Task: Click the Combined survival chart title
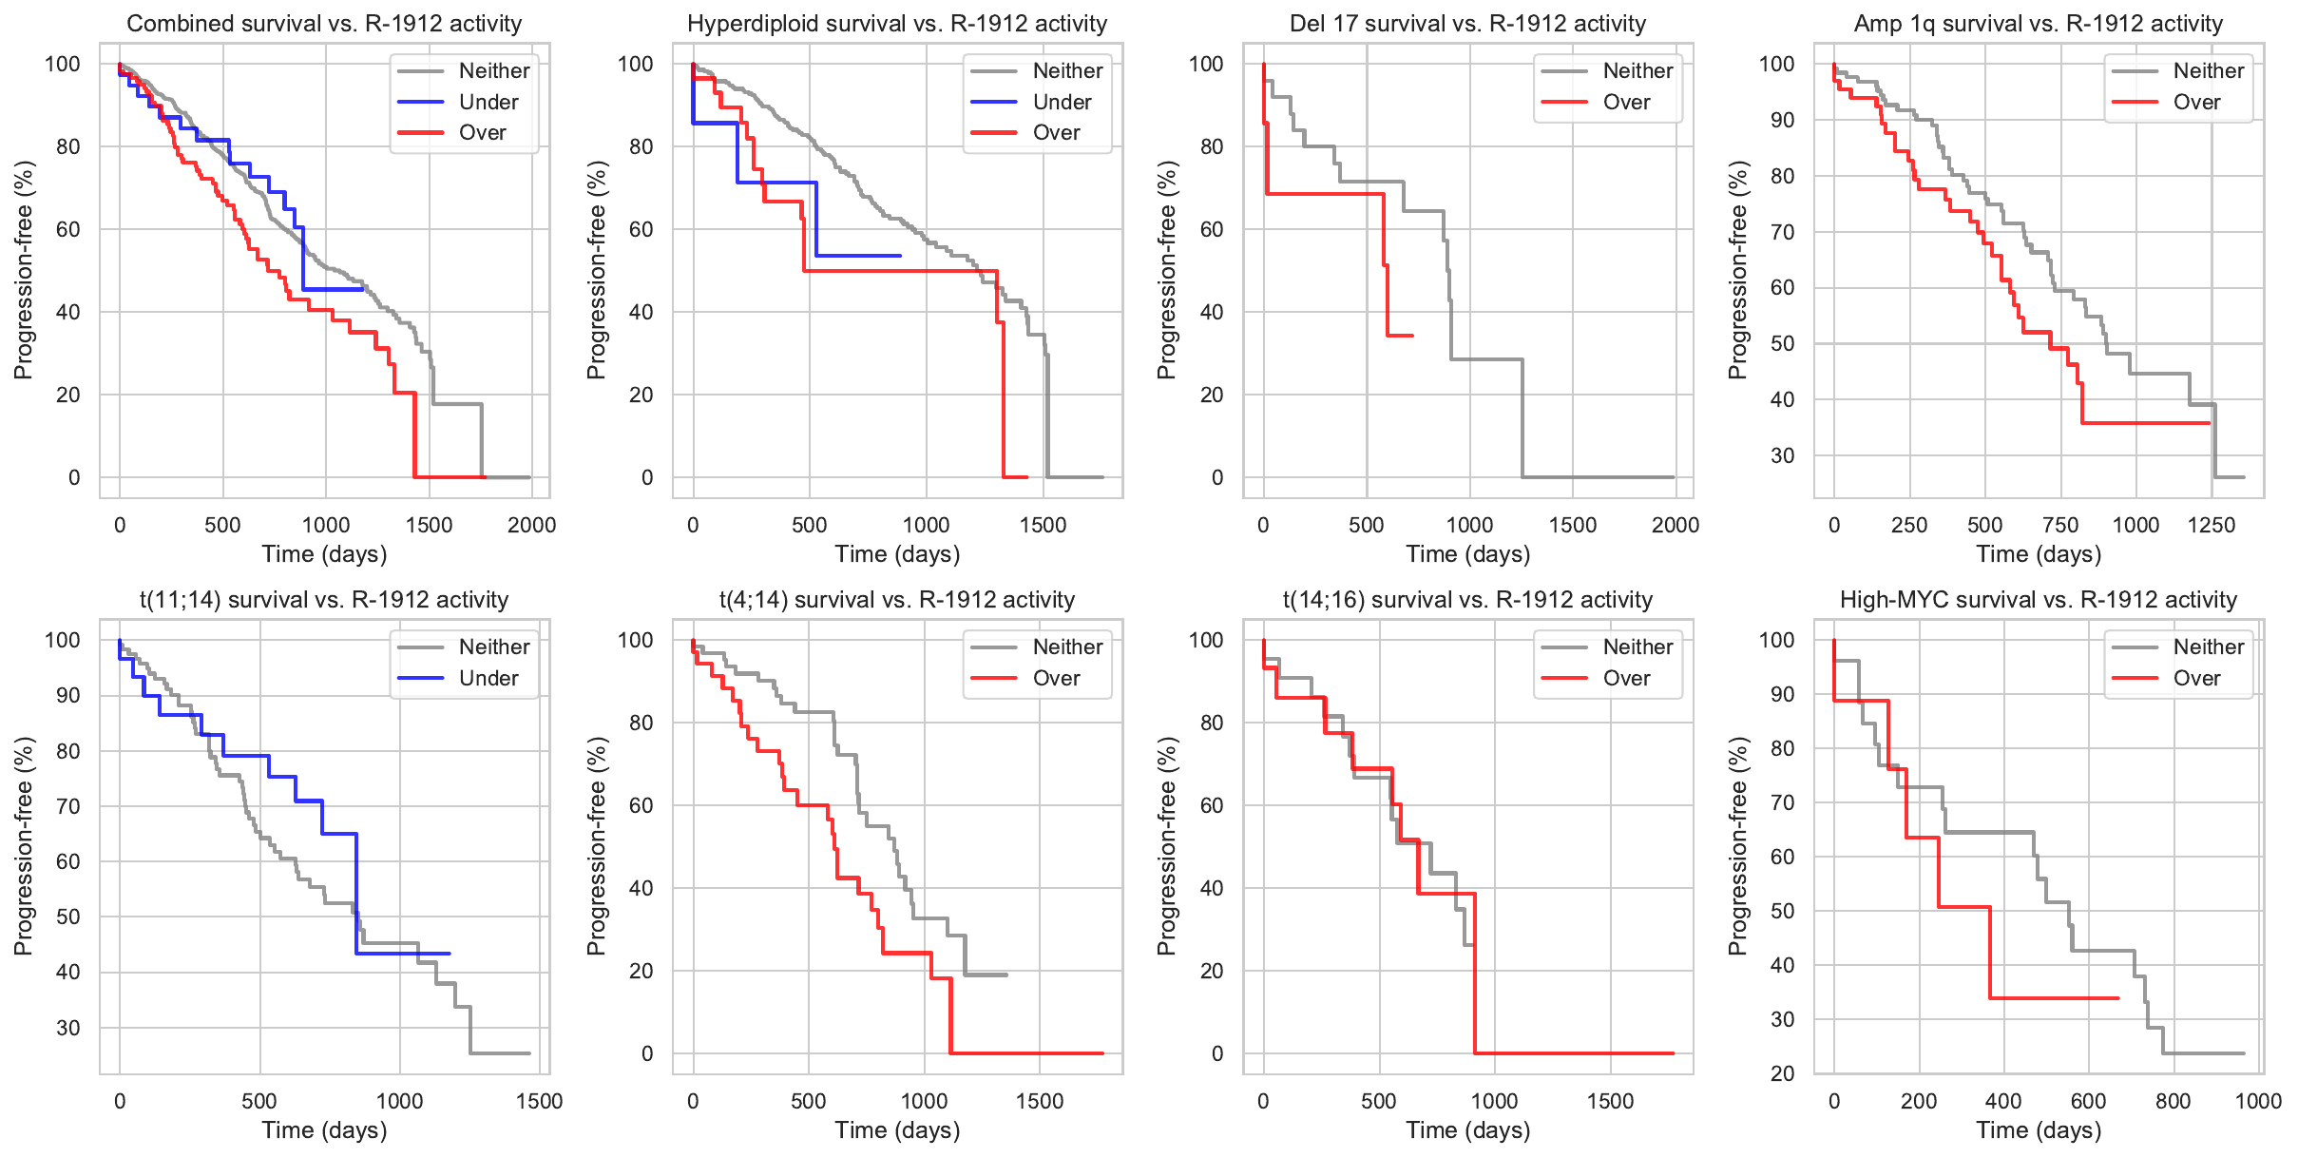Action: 324,24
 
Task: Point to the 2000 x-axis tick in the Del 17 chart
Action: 1676,525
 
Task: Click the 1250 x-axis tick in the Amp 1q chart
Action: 2212,525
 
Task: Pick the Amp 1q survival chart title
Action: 2039,24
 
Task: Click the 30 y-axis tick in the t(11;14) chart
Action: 68,1028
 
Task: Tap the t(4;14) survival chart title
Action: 897,600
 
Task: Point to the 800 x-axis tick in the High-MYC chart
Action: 2174,1101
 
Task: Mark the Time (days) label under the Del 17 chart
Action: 1468,554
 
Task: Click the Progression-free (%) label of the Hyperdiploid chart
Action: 596,270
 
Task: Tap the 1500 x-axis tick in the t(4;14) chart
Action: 1040,1101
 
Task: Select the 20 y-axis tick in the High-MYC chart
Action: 1783,1073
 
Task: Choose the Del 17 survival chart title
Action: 1467,24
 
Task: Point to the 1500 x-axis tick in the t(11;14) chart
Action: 540,1101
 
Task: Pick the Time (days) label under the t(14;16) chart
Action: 1468,1130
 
